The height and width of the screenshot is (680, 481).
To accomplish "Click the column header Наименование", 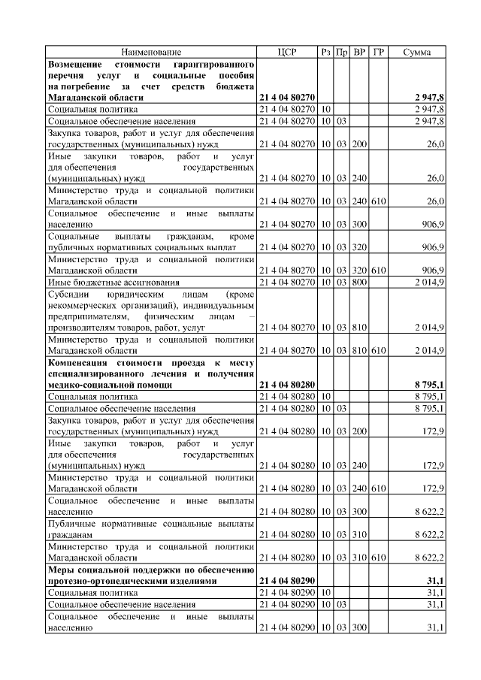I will coord(151,52).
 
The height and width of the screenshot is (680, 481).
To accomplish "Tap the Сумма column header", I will coord(416,52).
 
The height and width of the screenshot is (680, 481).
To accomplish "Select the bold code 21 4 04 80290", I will coord(287,582).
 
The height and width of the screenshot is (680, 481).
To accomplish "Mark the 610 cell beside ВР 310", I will coord(379,558).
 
